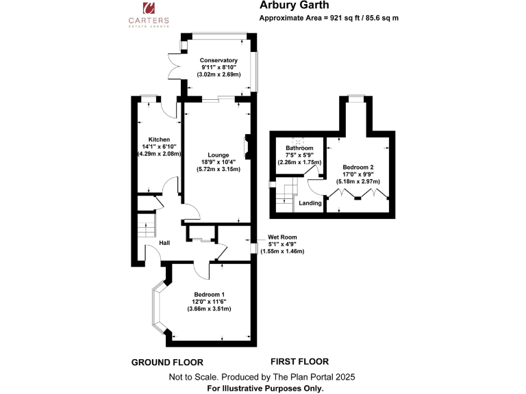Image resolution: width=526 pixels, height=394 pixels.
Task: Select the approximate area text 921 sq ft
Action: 329,17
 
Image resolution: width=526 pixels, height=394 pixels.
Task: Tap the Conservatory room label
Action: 218,60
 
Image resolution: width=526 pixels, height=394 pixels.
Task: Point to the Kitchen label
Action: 158,139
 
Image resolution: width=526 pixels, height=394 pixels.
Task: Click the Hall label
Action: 164,243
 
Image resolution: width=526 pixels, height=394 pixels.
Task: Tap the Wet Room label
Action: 281,237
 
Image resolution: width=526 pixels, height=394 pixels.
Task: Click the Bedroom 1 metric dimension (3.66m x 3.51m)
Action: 209,309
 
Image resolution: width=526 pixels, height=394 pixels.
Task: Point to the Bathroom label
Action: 299,148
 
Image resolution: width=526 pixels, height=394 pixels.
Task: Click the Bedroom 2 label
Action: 358,167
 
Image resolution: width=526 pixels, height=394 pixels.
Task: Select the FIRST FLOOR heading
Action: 299,362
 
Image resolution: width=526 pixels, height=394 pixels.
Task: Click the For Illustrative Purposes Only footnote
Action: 265,388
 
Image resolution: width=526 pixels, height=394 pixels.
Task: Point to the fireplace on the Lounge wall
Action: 248,146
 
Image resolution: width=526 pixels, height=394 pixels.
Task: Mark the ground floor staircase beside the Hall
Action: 145,225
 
